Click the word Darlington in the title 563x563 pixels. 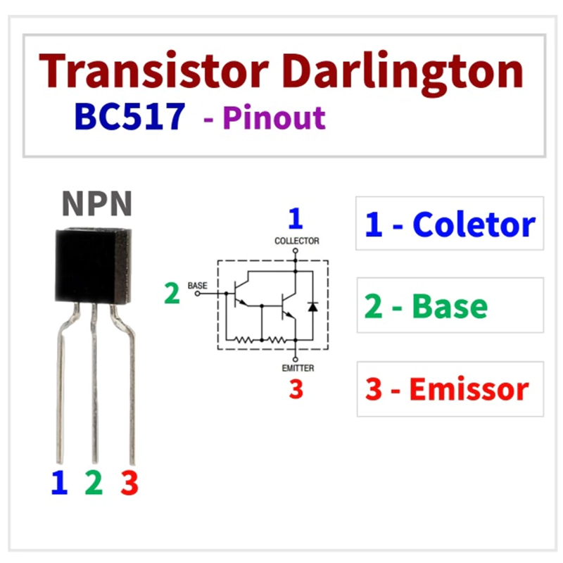click(x=403, y=75)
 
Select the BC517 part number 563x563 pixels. click(x=129, y=116)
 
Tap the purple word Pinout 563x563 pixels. click(x=274, y=118)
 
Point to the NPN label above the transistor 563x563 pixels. click(x=97, y=203)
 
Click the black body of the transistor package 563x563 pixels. click(x=94, y=266)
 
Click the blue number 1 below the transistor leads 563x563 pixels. click(x=60, y=482)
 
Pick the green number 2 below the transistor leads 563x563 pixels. click(x=94, y=482)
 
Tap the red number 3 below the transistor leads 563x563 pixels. click(x=129, y=483)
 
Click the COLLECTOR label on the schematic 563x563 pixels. click(x=296, y=241)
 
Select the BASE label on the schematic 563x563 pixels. click(x=198, y=286)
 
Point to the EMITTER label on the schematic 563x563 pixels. click(x=298, y=368)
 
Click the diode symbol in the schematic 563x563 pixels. click(x=312, y=307)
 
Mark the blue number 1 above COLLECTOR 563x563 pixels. click(x=296, y=218)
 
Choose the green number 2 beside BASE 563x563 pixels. click(x=172, y=293)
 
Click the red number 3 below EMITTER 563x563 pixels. click(x=296, y=389)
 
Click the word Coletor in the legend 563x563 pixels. click(x=474, y=224)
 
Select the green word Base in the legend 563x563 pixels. click(x=450, y=306)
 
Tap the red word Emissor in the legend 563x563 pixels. click(x=469, y=389)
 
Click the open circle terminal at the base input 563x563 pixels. click(x=198, y=293)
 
